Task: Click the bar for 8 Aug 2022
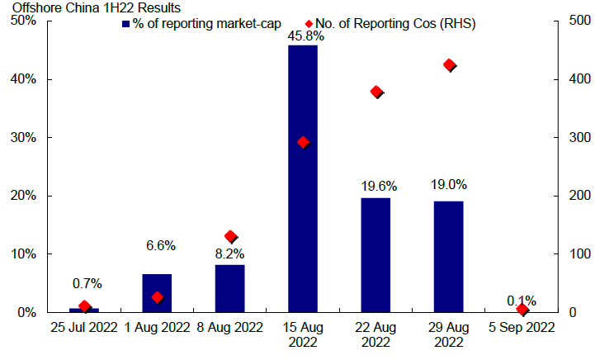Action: tap(229, 288)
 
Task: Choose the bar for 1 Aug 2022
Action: tap(157, 292)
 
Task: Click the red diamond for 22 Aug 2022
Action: tap(376, 92)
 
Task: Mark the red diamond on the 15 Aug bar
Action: tap(303, 142)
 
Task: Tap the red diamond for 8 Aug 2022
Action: tap(230, 237)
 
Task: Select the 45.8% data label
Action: tap(303, 36)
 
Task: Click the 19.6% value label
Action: tap(376, 187)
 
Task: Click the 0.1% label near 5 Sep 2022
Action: tap(522, 300)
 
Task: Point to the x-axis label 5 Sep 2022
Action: tap(522, 327)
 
